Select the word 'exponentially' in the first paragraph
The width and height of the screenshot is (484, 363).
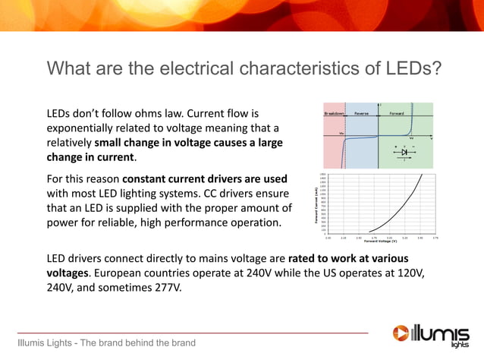80,128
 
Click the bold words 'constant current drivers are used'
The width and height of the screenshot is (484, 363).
205,178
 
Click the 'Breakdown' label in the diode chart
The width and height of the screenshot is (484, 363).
334,113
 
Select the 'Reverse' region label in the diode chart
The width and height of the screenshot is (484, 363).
362,113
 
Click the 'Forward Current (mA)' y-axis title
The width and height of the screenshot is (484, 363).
316,205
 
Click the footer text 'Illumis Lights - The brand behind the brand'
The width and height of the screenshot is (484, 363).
107,342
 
